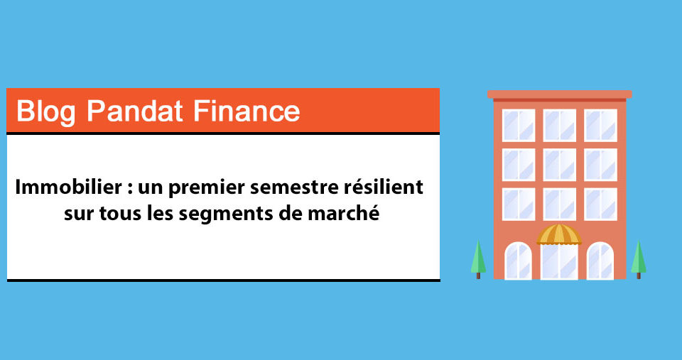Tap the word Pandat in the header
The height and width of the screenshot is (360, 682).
[x=134, y=111]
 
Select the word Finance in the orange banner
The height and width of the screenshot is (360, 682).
[x=247, y=111]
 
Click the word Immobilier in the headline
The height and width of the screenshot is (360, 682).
[x=69, y=187]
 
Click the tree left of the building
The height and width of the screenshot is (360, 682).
[x=478, y=259]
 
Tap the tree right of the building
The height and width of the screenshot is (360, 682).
[x=639, y=259]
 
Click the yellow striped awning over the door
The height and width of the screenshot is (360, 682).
[x=559, y=234]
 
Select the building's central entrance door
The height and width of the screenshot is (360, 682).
[x=559, y=262]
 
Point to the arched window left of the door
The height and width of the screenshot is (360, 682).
[x=518, y=261]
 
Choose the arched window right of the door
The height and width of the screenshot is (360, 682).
[x=600, y=261]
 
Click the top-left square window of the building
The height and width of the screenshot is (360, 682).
[x=519, y=125]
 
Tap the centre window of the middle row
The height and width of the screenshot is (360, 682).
[x=559, y=165]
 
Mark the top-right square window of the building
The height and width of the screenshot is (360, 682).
[x=601, y=125]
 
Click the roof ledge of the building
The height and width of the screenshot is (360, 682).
[x=559, y=94]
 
